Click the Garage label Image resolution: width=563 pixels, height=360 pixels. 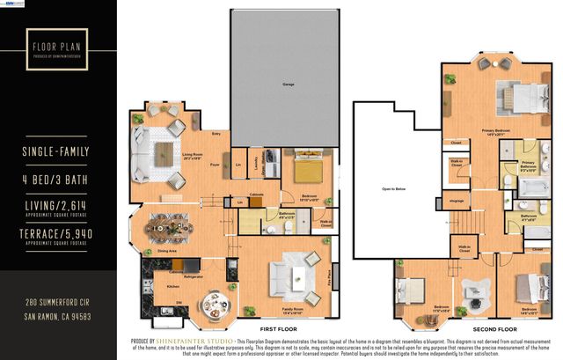click(287, 85)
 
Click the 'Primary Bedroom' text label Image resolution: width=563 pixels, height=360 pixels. click(496, 129)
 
